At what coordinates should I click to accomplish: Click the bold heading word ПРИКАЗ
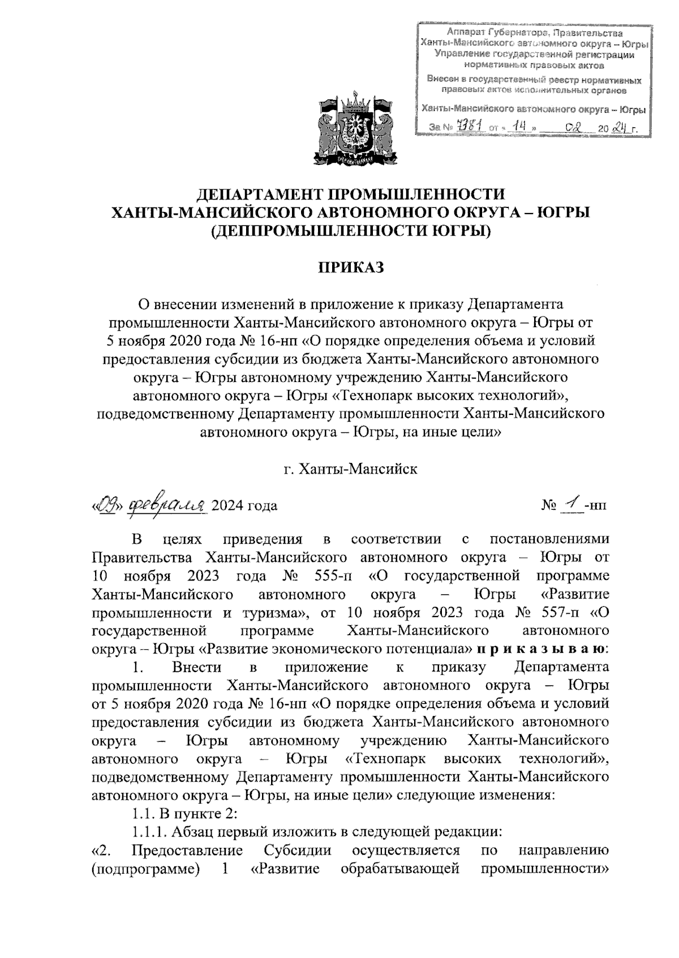(349, 267)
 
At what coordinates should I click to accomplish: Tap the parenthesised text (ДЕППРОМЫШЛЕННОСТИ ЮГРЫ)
(349, 231)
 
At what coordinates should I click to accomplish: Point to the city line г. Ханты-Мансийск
(350, 469)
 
